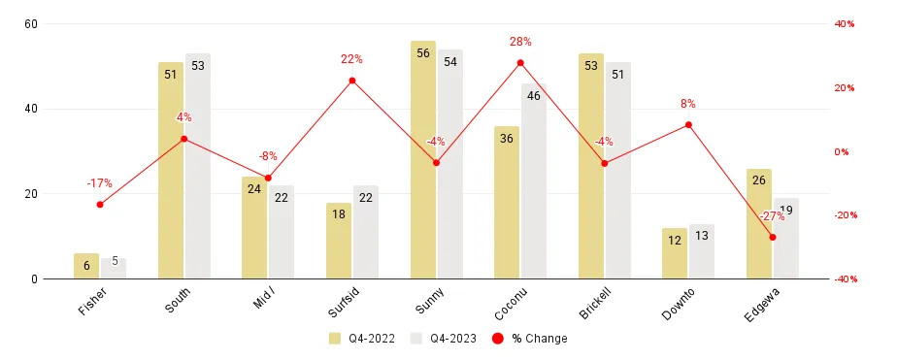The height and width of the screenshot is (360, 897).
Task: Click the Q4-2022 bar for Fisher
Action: point(86,266)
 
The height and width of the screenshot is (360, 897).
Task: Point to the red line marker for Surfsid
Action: point(351,81)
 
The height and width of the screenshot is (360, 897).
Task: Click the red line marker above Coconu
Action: point(520,63)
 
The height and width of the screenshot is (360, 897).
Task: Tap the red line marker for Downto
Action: point(688,125)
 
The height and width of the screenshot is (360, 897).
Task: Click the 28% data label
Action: point(520,42)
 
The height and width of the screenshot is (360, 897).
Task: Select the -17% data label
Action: point(99,182)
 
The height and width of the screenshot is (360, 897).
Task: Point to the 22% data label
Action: point(351,59)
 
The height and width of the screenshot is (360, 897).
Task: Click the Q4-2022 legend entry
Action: point(359,339)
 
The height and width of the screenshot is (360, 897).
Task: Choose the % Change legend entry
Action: point(529,339)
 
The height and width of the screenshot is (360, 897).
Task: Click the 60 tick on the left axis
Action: point(30,23)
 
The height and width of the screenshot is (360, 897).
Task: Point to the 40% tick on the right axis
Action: point(844,23)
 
